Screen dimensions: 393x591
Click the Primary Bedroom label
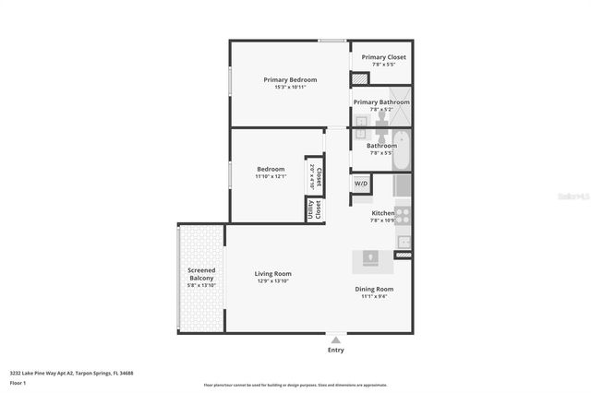(290, 80)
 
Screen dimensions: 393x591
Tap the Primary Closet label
(383, 57)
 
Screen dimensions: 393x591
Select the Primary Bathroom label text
(381, 102)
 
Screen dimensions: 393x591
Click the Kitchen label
(382, 213)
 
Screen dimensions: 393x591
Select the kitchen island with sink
(372, 261)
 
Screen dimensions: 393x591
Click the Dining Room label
(374, 289)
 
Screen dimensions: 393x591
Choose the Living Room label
(273, 273)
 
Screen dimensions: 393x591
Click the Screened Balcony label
(201, 274)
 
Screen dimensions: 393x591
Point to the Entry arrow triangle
(335, 339)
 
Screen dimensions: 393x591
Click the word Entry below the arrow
(335, 351)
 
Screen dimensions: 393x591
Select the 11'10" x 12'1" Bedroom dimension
(271, 176)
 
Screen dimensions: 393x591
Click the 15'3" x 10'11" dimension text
(290, 88)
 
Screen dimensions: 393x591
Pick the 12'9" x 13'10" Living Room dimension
(273, 281)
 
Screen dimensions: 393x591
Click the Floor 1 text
(18, 382)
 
